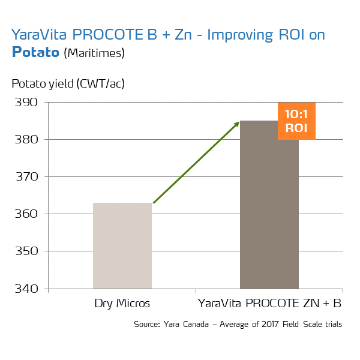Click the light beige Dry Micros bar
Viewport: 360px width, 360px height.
pos(122,245)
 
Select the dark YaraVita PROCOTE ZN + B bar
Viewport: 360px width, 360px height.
pos(269,210)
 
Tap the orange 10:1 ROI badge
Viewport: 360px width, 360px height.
pos(296,121)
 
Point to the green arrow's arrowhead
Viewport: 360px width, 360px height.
pos(236,124)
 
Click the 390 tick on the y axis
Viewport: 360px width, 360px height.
pos(26,103)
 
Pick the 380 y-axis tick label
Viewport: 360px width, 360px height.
pos(26,140)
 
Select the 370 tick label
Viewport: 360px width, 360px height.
pos(26,177)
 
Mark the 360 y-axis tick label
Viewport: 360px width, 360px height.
pos(26,214)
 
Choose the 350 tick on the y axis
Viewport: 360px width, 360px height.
pos(26,251)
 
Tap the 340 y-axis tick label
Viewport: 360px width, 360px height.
pos(26,289)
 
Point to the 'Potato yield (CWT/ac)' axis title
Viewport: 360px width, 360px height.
pos(68,83)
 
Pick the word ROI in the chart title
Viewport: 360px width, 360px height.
pos(289,35)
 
